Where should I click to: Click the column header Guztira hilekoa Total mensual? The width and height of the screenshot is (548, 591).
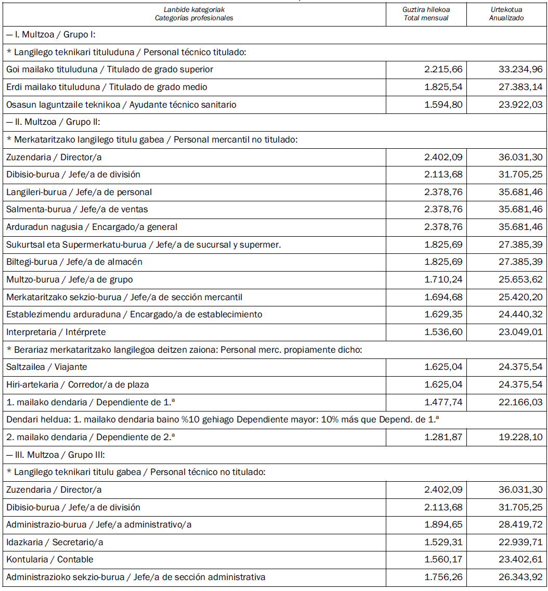426,14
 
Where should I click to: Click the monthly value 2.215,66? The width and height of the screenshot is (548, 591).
443,69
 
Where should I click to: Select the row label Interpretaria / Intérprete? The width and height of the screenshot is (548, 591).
56,332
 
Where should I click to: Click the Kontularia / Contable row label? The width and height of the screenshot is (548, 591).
50,559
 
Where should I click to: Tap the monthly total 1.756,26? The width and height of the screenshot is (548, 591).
443,577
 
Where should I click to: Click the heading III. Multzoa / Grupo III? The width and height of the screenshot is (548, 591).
56,455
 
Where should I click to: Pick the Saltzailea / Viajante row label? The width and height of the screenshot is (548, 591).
47,367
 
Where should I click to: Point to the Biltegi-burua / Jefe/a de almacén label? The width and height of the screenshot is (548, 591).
74,262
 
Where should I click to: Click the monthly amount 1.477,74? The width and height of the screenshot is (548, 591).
443,402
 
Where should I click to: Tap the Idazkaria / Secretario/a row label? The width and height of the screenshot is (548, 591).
55,542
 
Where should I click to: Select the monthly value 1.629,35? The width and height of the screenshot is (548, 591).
443,314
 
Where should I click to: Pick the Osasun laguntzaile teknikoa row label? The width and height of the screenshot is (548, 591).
121,105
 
